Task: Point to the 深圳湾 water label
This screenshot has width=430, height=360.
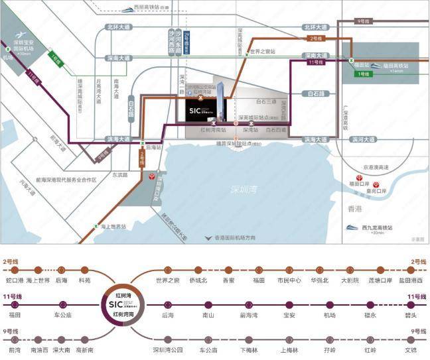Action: point(244,190)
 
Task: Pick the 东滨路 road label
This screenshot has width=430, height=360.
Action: point(119,175)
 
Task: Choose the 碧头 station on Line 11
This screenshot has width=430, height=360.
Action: point(410,315)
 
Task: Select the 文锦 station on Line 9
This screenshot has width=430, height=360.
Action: point(410,349)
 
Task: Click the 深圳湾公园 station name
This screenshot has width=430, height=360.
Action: point(167,349)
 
